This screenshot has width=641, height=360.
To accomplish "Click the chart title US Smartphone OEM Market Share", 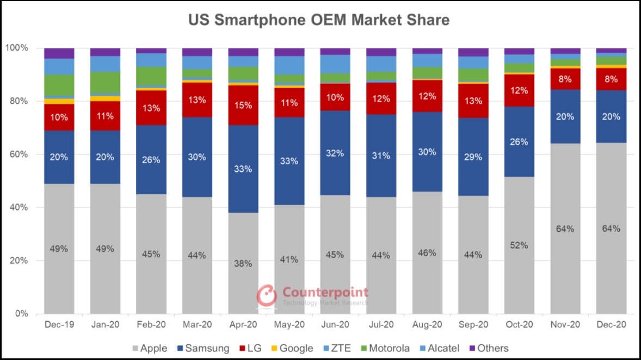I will coord(319,20).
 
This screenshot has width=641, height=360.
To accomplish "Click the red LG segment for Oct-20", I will coord(520,90).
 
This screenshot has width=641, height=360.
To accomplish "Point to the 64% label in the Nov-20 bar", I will coord(565,229).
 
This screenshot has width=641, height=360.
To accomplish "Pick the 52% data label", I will coord(519,245).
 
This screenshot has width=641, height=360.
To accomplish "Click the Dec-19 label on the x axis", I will coord(59,325).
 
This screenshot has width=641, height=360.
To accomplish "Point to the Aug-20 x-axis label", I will coord(427,325).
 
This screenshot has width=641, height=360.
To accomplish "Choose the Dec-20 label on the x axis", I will coord(611,325).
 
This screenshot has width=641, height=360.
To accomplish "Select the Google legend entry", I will coord(291,348).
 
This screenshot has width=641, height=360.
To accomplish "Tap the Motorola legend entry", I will coord(384,348).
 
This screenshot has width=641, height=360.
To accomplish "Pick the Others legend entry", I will coord(488,348).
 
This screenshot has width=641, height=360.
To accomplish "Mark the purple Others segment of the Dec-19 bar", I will coord(59,53).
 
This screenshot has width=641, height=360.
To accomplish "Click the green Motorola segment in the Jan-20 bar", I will coord(105,83).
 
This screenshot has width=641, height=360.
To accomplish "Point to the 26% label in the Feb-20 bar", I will coord(151,160).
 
